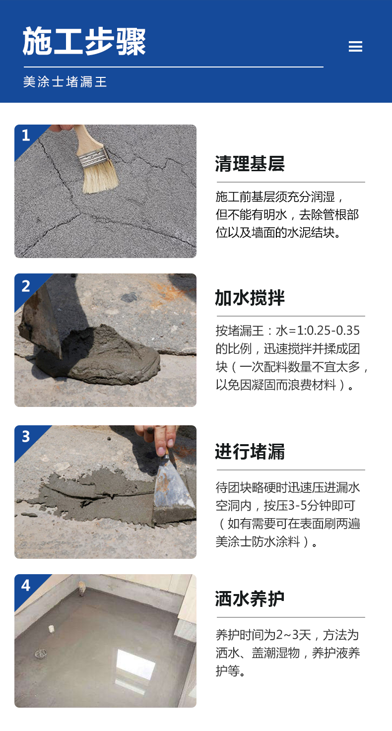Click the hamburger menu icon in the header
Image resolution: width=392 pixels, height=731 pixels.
click(x=355, y=47)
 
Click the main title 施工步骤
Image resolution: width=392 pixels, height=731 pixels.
click(x=84, y=42)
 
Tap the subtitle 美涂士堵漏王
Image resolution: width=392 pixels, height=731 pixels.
click(x=65, y=82)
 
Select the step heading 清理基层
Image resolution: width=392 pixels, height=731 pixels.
click(x=250, y=163)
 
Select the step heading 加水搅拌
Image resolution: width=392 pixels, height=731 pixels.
click(x=250, y=298)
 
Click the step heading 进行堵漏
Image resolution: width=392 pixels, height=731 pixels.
click(x=250, y=452)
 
